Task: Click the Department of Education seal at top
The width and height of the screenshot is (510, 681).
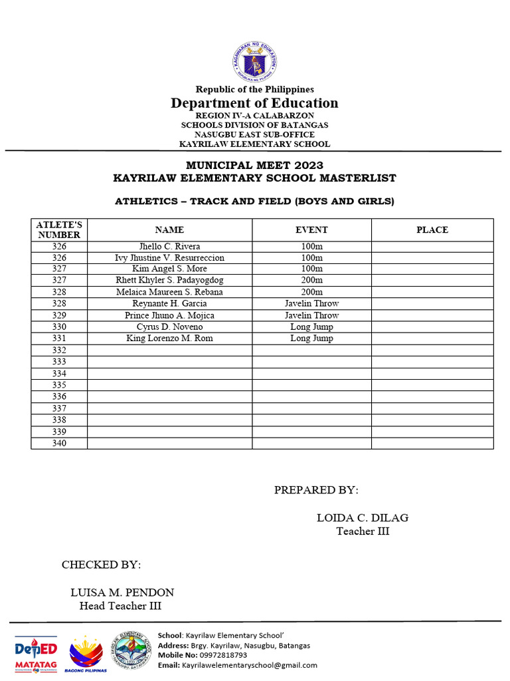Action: coord(254,62)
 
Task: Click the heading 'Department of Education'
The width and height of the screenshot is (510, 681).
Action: coord(254,103)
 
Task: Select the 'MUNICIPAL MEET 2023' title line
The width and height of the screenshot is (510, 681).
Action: coord(255,165)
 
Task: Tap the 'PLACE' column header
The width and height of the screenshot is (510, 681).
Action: coord(432,229)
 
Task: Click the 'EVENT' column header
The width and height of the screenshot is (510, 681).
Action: coord(311,229)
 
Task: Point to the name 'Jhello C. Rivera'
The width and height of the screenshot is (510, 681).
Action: coord(169,246)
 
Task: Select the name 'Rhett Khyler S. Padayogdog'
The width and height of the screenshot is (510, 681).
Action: coord(169,281)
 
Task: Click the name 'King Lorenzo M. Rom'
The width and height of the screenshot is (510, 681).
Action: coord(169,339)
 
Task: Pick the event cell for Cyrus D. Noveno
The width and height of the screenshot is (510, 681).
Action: coord(311,327)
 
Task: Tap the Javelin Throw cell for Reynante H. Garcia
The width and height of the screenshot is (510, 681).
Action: coord(311,304)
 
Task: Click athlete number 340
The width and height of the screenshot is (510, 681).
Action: coord(59,444)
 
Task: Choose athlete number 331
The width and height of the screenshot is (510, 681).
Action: coord(59,339)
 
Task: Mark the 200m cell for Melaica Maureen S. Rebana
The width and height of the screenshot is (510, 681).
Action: coord(311,292)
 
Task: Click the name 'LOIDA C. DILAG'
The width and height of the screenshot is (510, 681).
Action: coord(363,518)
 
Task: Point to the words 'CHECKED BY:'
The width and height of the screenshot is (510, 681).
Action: coord(101,565)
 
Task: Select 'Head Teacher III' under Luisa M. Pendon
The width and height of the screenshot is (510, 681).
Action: coord(120,606)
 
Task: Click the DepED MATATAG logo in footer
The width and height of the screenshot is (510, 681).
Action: coord(37,652)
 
